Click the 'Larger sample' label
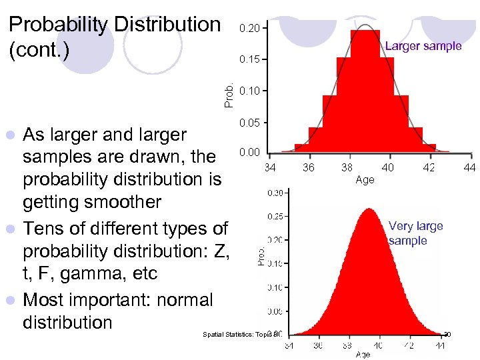423,46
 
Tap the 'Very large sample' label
415,233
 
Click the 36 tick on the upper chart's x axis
309,167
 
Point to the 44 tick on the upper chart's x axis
469,167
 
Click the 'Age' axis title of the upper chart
365,179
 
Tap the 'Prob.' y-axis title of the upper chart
229,95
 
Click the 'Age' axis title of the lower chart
363,355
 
